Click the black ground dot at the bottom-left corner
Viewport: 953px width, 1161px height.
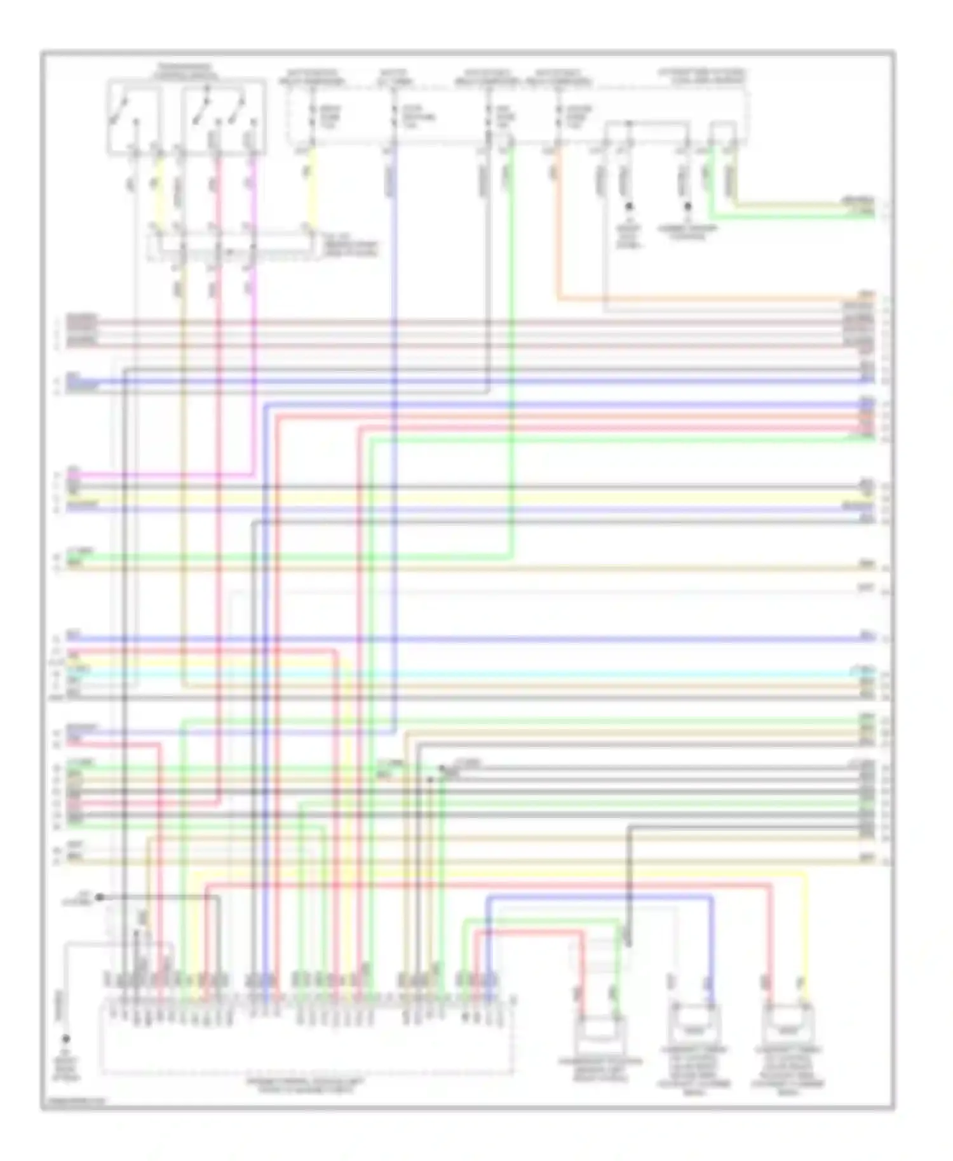coord(65,1040)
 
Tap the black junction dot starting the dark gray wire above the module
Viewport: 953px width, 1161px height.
coord(99,897)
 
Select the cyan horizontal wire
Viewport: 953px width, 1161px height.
coord(476,673)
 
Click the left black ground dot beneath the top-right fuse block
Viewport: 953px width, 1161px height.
coord(630,206)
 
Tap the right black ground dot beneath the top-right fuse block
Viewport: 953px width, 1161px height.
coord(687,206)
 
